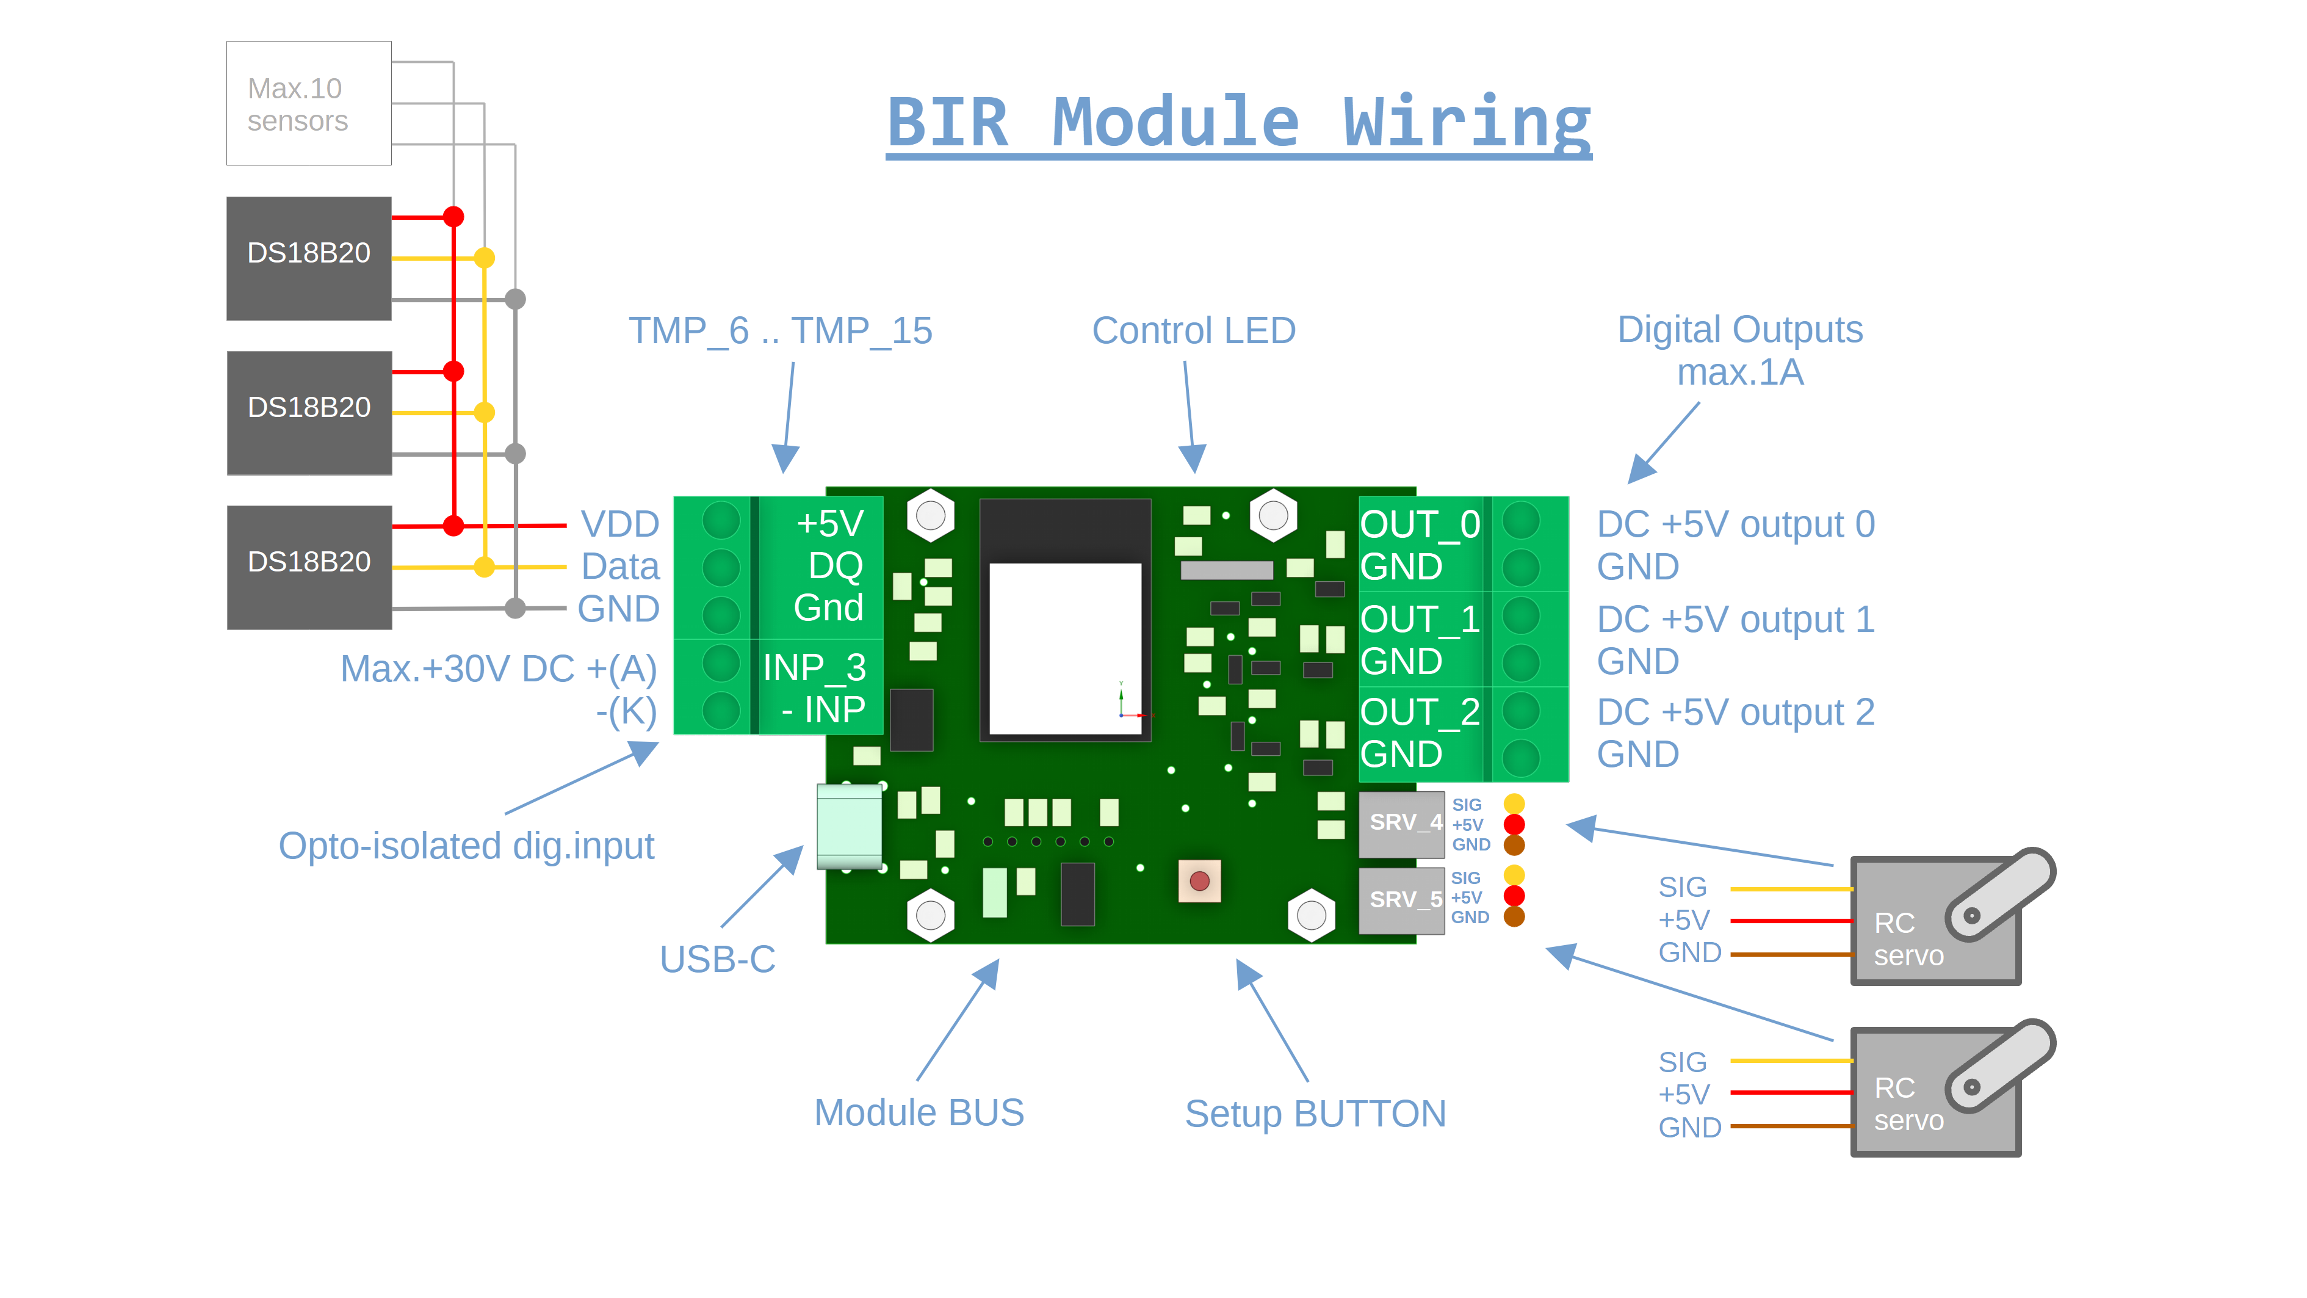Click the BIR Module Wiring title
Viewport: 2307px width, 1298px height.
[x=1238, y=123]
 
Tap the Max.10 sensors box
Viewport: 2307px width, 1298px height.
[x=308, y=103]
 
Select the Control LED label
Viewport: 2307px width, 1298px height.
[x=1193, y=330]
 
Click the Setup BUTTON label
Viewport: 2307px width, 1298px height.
[x=1315, y=1114]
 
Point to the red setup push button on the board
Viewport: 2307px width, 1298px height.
[x=1199, y=882]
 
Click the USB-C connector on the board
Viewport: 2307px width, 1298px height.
[x=849, y=827]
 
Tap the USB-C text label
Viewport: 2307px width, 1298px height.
[x=717, y=959]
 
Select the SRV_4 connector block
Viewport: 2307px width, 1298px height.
[x=1401, y=823]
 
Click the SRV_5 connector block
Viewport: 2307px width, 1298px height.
[x=1401, y=899]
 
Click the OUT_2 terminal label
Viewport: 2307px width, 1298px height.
[x=1420, y=712]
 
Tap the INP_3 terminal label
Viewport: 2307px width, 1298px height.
[x=814, y=667]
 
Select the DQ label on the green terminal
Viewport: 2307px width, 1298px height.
[x=835, y=565]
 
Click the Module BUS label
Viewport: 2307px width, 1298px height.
[x=919, y=1112]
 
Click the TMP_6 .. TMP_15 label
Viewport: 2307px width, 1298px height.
[x=780, y=330]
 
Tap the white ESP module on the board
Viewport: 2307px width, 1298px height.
[x=1065, y=648]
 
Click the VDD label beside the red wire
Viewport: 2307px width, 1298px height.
[x=619, y=524]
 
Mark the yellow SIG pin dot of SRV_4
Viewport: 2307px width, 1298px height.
[x=1514, y=803]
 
